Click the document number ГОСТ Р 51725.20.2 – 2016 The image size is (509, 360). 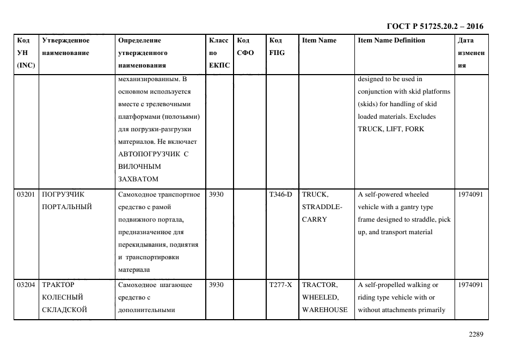pyautogui.click(x=434, y=26)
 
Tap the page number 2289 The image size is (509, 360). pyautogui.click(x=475, y=334)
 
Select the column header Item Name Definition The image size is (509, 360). pyautogui.click(x=391, y=40)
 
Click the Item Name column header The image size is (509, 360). pyautogui.click(x=319, y=40)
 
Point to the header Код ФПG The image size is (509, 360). pyautogui.click(x=277, y=47)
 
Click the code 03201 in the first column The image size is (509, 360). pyautogui.click(x=26, y=194)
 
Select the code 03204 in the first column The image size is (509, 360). pyautogui.click(x=26, y=285)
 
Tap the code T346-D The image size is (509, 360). pyautogui.click(x=280, y=194)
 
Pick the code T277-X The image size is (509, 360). pyautogui.click(x=280, y=285)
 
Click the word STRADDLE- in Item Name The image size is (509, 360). pyautogui.click(x=322, y=207)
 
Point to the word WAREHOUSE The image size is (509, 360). pyautogui.click(x=324, y=310)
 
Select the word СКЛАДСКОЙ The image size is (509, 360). pyautogui.click(x=65, y=310)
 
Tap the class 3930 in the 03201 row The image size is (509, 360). pyautogui.click(x=217, y=194)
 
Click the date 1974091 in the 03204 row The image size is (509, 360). pyautogui.click(x=470, y=285)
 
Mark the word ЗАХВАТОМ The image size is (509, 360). pyautogui.click(x=138, y=179)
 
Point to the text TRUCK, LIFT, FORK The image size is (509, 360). pyautogui.click(x=391, y=129)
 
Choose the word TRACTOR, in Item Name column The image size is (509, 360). pyautogui.click(x=320, y=285)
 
